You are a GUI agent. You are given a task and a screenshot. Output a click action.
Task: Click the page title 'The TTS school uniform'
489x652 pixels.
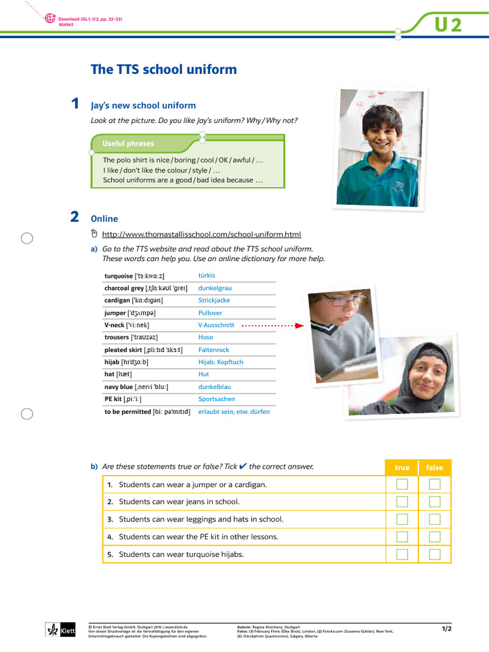click(164, 69)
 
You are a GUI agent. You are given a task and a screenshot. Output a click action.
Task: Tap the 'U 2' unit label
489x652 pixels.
click(448, 25)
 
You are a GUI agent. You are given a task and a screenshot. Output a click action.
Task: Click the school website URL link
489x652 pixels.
click(201, 234)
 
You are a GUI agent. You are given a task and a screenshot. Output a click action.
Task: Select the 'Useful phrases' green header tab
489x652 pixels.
click(129, 143)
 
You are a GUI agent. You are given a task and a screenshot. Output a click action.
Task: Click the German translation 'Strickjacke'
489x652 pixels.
click(214, 300)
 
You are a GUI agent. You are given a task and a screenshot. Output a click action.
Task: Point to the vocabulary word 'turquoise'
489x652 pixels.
click(119, 276)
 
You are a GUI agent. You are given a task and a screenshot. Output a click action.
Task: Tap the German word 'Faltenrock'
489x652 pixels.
click(213, 350)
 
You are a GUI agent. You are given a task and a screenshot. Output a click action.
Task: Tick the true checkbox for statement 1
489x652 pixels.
click(402, 485)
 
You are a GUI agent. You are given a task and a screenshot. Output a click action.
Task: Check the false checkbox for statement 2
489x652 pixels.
click(434, 502)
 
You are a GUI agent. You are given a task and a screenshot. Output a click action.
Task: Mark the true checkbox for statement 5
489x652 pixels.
click(402, 554)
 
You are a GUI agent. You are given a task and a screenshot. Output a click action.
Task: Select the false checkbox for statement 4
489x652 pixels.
click(434, 537)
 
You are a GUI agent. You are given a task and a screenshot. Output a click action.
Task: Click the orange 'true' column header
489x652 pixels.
click(402, 467)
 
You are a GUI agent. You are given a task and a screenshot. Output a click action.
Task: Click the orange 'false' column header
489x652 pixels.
click(434, 467)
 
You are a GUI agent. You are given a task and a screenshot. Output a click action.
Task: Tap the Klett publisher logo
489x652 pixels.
click(61, 630)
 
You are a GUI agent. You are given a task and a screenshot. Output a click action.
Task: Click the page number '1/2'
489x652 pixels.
click(446, 629)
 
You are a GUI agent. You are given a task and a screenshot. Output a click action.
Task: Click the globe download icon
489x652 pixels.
click(50, 19)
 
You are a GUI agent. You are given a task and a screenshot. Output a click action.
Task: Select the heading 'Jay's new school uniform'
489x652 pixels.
click(143, 106)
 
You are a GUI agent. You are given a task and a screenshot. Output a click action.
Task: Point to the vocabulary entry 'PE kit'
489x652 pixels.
click(113, 399)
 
